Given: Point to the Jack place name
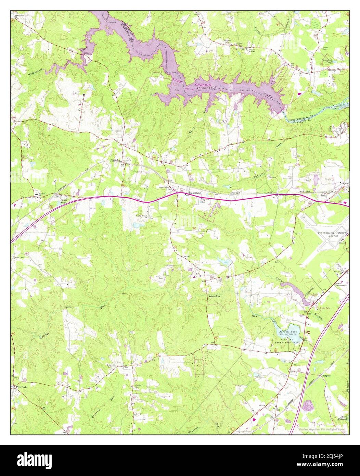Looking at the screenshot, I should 323,196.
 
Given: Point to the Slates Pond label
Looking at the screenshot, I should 64,201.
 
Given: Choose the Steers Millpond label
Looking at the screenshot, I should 341,418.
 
